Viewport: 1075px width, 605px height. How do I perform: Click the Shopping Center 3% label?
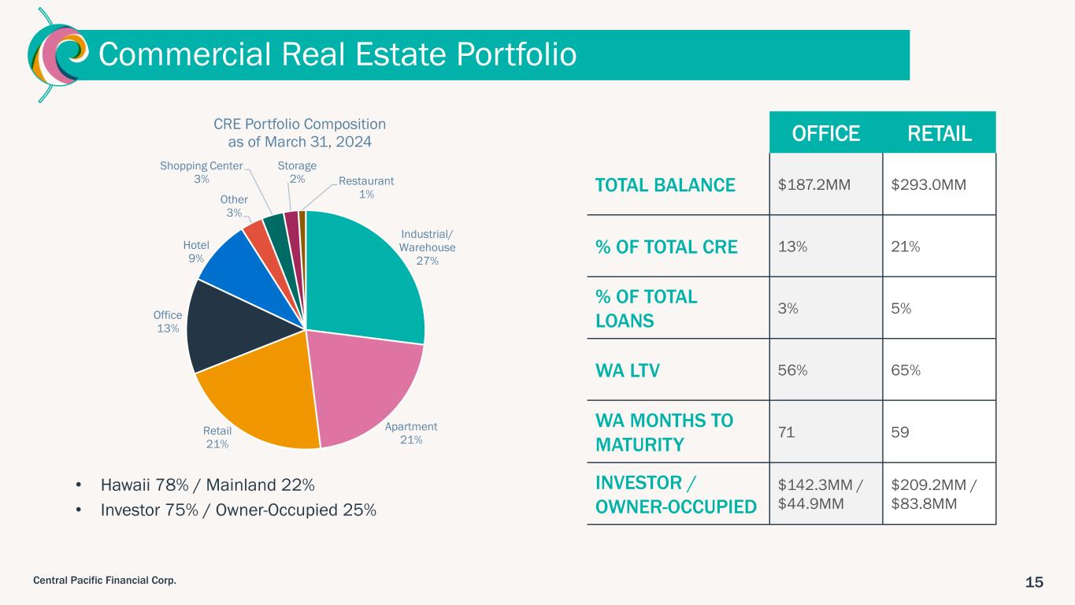[x=201, y=173]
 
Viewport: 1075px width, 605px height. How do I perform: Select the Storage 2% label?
[x=297, y=173]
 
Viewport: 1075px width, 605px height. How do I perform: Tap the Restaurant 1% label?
[x=366, y=187]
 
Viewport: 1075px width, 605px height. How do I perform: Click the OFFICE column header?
[x=826, y=133]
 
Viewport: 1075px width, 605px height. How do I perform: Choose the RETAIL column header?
[x=940, y=133]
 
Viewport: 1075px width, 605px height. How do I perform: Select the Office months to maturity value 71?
[x=787, y=432]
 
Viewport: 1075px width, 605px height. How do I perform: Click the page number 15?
[x=1034, y=582]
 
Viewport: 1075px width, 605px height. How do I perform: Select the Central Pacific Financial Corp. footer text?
[x=104, y=581]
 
